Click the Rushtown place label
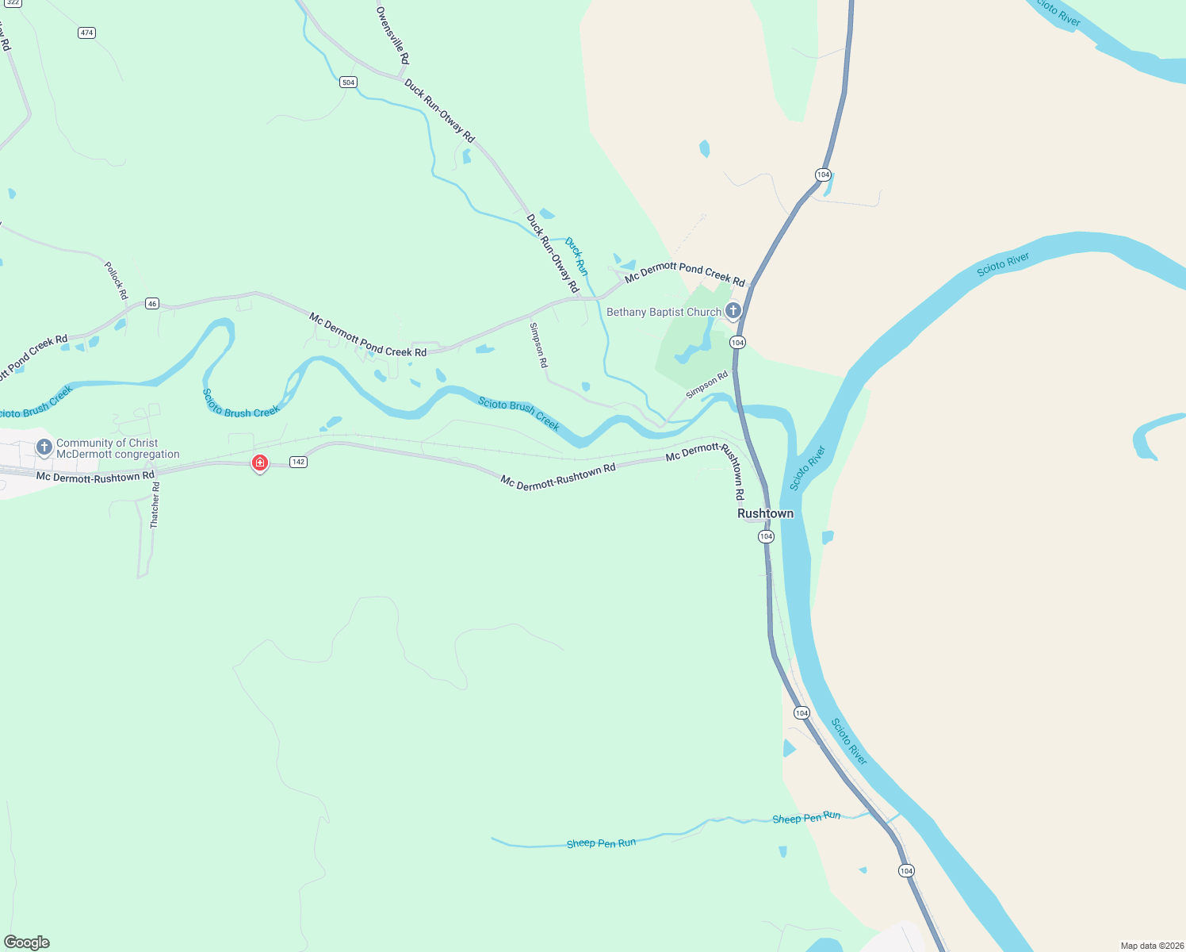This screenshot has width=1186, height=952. point(765,513)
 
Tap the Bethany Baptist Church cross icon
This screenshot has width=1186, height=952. point(733,310)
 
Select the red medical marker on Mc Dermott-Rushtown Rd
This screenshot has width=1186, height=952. point(259,463)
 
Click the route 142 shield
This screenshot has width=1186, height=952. point(298,462)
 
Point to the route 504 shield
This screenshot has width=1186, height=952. point(348,83)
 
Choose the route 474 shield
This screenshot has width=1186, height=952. point(86,33)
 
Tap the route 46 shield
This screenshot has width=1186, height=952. point(152,304)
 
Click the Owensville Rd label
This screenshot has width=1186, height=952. point(392,36)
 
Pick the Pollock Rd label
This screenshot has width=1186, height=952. point(116,280)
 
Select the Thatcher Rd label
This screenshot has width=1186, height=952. point(155,505)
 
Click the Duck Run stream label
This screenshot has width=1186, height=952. point(576,256)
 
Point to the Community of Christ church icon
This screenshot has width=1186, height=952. point(44,447)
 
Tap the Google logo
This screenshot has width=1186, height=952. point(27,942)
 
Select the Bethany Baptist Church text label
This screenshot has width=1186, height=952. point(664,313)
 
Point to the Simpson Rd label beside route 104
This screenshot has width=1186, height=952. point(706,385)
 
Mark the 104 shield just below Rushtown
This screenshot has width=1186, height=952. point(766,537)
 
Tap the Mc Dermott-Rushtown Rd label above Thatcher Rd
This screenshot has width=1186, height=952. point(95,477)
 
